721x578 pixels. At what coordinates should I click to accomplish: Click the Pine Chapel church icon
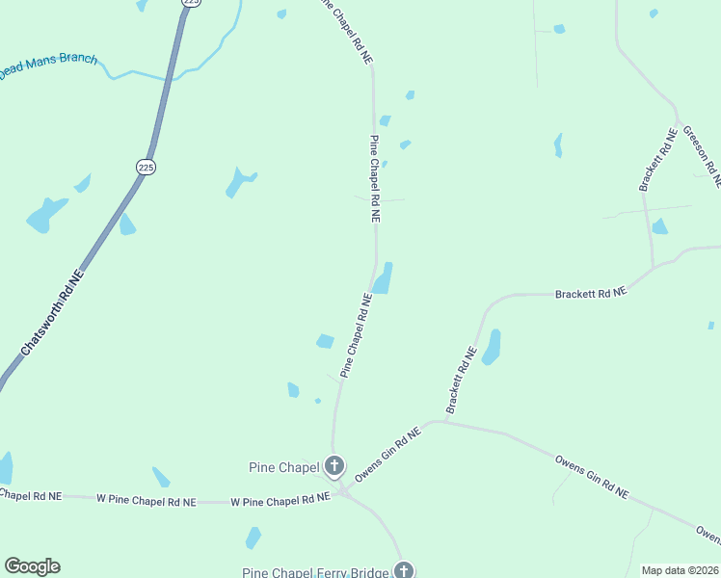[x=334, y=467]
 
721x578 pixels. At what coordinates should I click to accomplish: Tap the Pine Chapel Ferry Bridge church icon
[x=404, y=570]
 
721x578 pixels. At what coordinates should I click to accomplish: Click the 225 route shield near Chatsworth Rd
[x=146, y=167]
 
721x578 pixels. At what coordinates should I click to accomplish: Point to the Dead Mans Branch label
[x=48, y=65]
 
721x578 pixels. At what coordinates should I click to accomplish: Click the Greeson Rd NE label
[x=701, y=154]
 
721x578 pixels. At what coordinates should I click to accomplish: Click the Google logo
[x=32, y=566]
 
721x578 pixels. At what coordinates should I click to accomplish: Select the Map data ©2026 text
[x=681, y=570]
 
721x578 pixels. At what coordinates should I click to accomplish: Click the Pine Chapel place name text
[x=283, y=468]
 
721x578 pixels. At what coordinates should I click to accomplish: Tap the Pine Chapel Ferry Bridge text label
[x=316, y=572]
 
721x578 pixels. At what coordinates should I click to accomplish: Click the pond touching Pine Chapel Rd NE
[x=384, y=279]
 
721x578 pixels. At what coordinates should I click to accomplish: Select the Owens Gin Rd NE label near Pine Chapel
[x=388, y=456]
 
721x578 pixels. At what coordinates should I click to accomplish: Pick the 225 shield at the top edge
[x=191, y=3]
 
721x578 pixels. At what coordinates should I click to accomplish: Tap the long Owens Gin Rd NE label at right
[x=592, y=477]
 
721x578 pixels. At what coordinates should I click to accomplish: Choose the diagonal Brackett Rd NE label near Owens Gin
[x=462, y=381]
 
